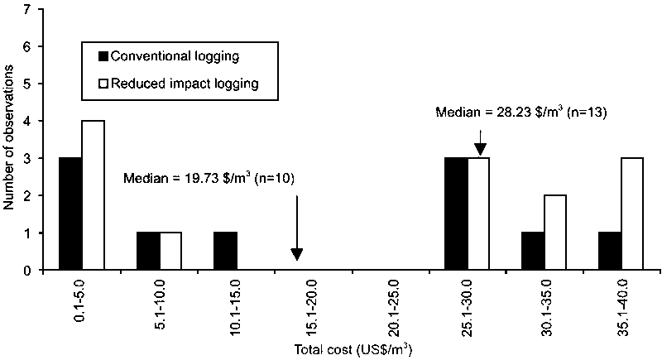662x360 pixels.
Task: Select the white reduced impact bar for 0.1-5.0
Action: tap(92, 195)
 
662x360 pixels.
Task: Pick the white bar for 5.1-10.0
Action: tap(170, 252)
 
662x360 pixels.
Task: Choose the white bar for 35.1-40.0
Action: tap(631, 214)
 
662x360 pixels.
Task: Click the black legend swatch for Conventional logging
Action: tap(103, 57)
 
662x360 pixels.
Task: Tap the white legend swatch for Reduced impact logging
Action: tap(103, 84)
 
